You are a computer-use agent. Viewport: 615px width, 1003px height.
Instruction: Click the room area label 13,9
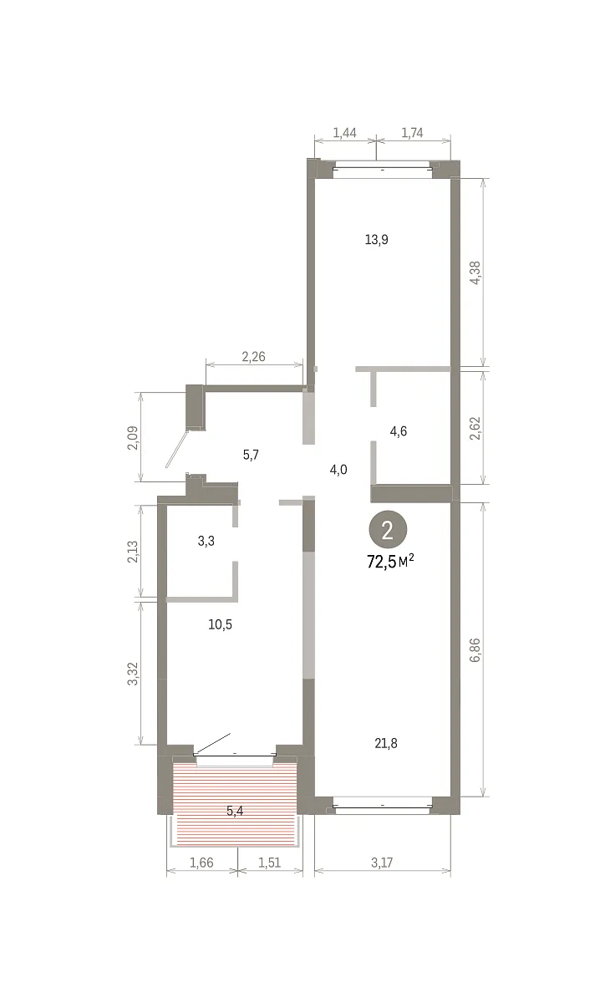point(376,240)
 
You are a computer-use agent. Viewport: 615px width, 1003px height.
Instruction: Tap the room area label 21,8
point(386,744)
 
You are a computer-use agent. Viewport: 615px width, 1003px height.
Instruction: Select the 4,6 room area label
point(399,431)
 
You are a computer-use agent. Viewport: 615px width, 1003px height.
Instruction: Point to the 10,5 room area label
point(221,624)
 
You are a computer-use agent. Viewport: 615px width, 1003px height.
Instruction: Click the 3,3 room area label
point(206,541)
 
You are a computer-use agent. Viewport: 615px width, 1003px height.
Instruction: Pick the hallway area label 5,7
point(251,455)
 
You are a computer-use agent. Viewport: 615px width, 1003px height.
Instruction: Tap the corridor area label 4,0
point(338,470)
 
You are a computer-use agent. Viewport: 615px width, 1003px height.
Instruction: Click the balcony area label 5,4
point(235,811)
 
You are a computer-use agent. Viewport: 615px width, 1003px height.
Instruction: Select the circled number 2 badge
point(388,530)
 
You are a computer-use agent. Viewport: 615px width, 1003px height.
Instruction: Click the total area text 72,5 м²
point(390,561)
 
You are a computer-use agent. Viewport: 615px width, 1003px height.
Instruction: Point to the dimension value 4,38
point(475,272)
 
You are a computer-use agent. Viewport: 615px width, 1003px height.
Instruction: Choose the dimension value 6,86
point(475,650)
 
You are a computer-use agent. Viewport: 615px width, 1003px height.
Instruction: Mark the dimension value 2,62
point(475,428)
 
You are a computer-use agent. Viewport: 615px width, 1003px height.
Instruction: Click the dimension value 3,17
point(382,863)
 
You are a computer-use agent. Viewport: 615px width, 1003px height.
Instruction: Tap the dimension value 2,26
point(253,356)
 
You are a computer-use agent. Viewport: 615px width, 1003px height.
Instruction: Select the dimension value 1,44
point(344,133)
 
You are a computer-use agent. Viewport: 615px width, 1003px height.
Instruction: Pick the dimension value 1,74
point(412,133)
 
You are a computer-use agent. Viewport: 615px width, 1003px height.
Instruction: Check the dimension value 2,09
point(134,437)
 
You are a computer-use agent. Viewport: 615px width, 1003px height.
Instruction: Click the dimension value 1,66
point(201,863)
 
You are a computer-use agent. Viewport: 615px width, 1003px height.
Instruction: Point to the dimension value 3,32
point(134,674)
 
